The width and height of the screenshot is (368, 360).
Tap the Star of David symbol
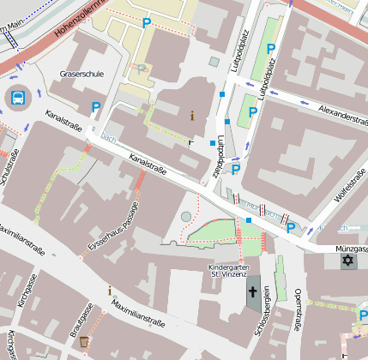coord(348,260)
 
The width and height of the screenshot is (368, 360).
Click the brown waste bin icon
coord(83,342)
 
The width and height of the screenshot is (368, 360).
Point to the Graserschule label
coord(81,75)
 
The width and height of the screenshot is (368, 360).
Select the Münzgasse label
coord(351,249)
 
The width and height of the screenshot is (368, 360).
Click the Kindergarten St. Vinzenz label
coord(228,272)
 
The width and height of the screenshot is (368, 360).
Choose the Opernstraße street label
coord(298,310)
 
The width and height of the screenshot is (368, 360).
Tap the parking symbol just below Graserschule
coord(96,107)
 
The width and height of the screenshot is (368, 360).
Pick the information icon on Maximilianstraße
coord(110,291)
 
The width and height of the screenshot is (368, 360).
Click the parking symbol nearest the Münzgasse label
coord(292,227)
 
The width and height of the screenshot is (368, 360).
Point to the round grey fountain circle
coord(187,217)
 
